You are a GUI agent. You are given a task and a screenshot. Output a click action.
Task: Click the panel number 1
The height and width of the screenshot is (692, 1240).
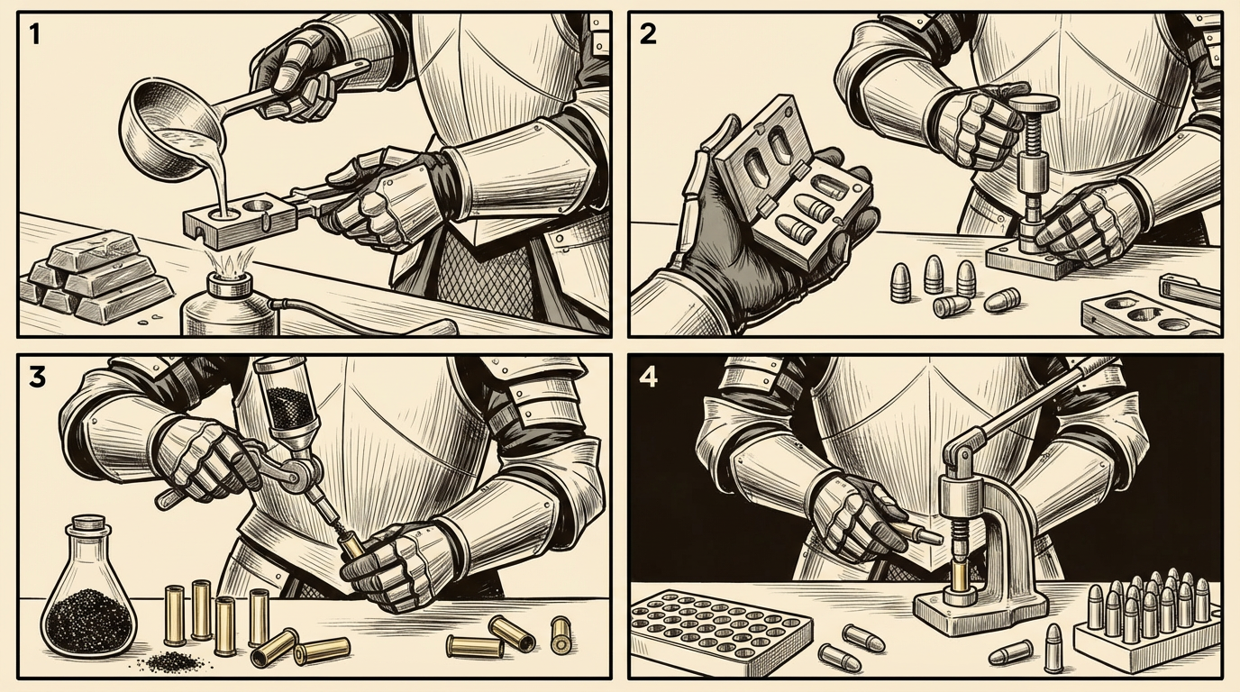[34, 34]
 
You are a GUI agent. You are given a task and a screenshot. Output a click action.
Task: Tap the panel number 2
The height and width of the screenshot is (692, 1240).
[648, 34]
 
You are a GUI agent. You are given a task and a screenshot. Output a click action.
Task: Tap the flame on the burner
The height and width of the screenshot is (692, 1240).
[229, 260]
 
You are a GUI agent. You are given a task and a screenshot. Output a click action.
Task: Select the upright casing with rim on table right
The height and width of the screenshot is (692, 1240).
[561, 633]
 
